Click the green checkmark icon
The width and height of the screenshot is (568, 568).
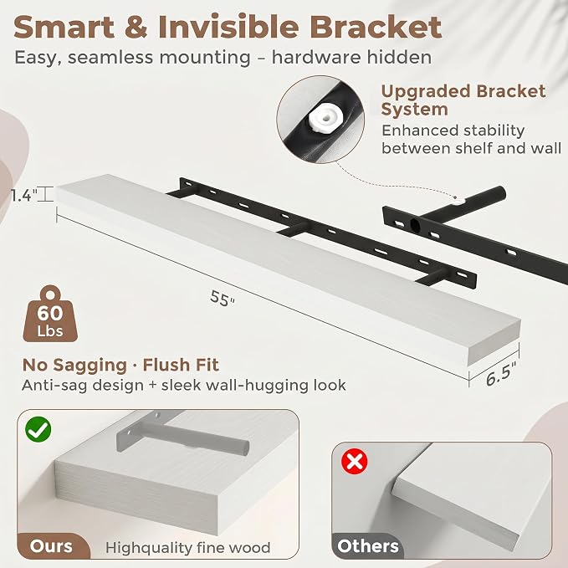(38, 429)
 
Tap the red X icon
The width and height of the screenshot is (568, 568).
(355, 461)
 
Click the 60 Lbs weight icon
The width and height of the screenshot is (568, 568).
(50, 314)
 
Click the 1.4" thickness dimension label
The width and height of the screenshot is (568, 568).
(24, 196)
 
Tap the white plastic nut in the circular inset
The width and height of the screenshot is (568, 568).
(324, 120)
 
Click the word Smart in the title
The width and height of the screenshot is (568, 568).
(64, 27)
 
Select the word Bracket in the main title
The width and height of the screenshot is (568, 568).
(376, 27)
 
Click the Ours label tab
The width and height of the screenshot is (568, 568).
(51, 546)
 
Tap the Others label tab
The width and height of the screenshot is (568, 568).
(368, 546)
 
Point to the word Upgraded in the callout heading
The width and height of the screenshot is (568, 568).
(426, 91)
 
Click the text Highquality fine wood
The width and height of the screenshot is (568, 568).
(188, 547)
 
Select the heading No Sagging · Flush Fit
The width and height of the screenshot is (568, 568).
(120, 365)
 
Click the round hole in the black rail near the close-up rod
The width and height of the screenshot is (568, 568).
(415, 226)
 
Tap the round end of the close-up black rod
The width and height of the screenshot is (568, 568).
(500, 194)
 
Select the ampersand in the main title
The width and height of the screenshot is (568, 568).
(136, 27)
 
